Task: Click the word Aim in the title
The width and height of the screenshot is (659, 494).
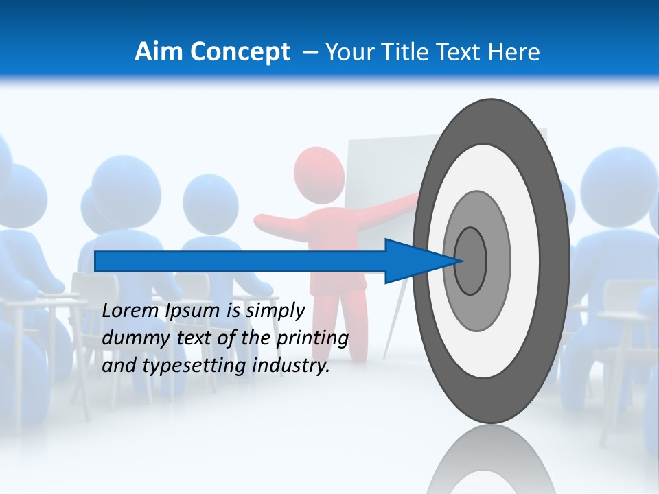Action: tap(159, 52)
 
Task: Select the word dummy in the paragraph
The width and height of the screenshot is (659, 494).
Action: tap(130, 339)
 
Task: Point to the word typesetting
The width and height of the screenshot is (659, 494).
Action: tap(192, 366)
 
